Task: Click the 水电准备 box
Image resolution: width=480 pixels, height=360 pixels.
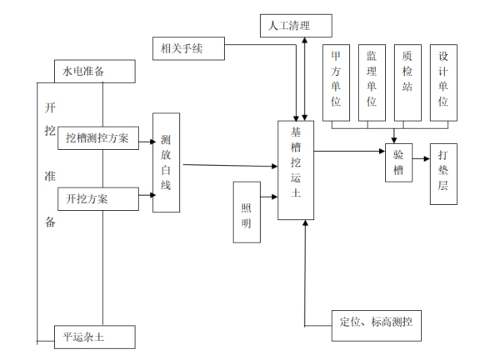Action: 94,72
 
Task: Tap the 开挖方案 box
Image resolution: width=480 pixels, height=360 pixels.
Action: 97,199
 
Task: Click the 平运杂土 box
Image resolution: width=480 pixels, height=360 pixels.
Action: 94,337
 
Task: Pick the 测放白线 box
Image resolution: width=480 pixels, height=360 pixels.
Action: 166,162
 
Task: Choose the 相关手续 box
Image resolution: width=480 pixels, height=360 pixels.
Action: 189,48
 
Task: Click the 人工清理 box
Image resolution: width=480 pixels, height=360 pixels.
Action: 296,26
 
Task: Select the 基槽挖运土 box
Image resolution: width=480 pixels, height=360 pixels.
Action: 296,170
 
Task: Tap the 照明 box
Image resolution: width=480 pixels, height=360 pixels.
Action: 246,212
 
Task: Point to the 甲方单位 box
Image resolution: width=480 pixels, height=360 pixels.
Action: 337,80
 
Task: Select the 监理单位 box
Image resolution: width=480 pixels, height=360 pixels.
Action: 372,80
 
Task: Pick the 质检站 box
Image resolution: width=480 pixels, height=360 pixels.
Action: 407,80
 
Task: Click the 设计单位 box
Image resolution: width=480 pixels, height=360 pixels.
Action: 443,80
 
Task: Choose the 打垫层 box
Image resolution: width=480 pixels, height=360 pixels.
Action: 442,173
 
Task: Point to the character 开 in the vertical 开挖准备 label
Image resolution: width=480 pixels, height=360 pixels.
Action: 52,107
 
